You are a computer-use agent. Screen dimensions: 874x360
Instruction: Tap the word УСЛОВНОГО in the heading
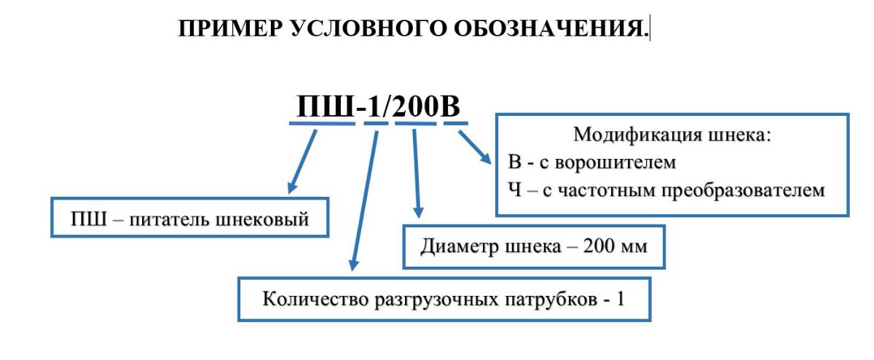368,28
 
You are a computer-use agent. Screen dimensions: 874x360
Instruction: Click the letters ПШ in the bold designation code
325,106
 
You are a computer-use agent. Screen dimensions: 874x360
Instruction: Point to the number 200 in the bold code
415,106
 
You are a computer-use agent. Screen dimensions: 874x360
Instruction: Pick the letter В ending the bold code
450,106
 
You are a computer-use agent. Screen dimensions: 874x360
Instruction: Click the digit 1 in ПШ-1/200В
374,106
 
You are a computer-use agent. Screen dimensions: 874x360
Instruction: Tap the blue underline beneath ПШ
322,123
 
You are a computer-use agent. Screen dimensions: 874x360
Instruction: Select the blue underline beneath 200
416,123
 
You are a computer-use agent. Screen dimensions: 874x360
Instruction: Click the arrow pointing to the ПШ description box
302,162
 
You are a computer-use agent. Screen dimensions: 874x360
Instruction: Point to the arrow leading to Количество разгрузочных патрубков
365,200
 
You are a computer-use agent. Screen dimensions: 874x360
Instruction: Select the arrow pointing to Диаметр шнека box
417,173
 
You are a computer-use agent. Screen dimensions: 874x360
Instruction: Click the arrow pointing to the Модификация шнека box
475,147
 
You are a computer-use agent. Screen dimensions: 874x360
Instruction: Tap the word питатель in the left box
168,219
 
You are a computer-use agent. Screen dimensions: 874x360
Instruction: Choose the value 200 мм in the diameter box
615,246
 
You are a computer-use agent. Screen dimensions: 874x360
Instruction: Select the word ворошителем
615,163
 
